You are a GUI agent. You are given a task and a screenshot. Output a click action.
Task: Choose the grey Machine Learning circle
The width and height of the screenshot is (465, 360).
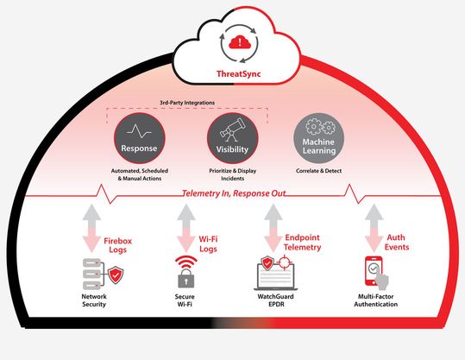point(320,139)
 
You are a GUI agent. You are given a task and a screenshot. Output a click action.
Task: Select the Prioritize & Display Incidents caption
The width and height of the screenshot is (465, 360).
point(232,174)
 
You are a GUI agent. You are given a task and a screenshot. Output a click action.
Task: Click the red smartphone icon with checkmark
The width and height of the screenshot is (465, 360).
point(373,273)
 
